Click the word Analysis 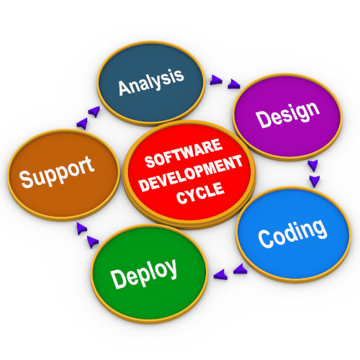coord(151,82)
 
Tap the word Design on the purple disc coord(288,114)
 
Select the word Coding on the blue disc coord(292,233)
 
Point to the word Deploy coord(144,274)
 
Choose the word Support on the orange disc coord(57,171)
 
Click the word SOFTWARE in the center coord(184,153)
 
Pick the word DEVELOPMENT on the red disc coord(191,174)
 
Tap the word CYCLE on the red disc coord(201,193)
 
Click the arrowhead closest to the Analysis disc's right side coord(216,80)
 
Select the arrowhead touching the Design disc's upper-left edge coord(234,84)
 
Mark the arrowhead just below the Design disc coord(313,166)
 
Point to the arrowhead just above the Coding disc coord(315,181)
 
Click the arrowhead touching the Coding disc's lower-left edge coord(240,269)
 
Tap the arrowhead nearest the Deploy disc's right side coord(220,274)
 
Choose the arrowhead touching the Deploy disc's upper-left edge coord(93,242)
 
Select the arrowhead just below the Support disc coord(81,228)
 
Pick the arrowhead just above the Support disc coord(82,123)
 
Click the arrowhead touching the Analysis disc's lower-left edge coord(94,112)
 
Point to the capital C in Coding coord(266,238)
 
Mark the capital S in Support coord(27,179)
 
